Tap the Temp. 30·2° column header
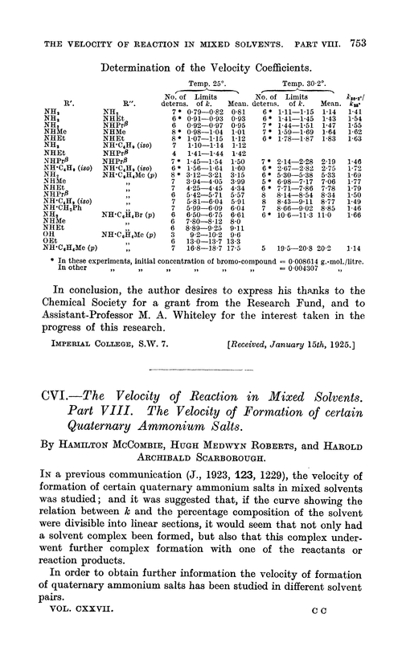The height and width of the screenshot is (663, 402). [x=294, y=61]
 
